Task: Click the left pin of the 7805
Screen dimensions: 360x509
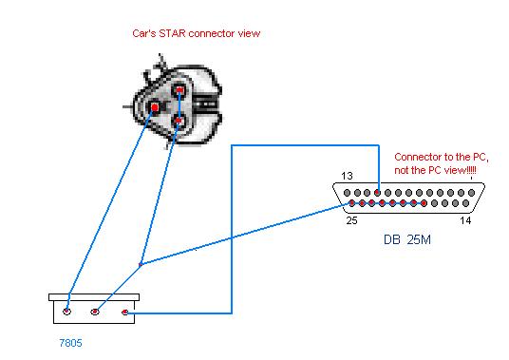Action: click(x=67, y=311)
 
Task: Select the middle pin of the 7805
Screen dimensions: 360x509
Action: click(x=95, y=311)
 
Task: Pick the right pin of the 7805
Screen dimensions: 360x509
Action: click(x=125, y=311)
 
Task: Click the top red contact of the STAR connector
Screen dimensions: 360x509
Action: click(x=178, y=91)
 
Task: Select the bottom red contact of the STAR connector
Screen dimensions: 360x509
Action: click(x=178, y=121)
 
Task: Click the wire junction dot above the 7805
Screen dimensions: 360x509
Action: click(x=140, y=264)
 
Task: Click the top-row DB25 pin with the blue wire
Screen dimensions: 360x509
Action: click(x=379, y=190)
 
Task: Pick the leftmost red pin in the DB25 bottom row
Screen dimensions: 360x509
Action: click(x=351, y=203)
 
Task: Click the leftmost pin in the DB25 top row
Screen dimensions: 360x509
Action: click(x=346, y=190)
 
